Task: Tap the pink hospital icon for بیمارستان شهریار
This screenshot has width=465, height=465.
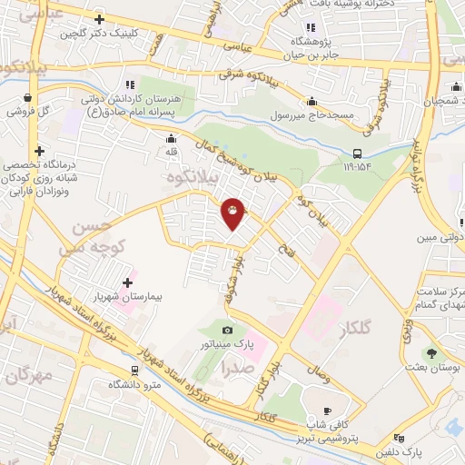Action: click(125, 275)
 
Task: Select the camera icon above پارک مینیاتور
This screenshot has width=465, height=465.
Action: click(227, 329)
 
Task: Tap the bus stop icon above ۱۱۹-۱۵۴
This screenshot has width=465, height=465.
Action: click(358, 153)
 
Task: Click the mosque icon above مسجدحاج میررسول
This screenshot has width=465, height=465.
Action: click(312, 101)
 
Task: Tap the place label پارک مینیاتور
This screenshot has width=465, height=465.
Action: click(227, 345)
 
